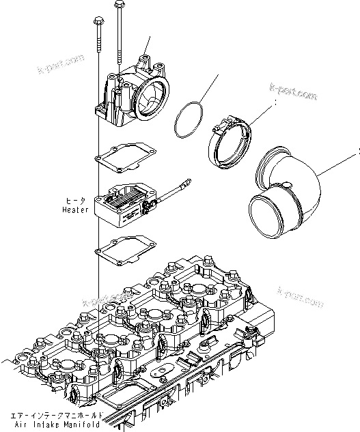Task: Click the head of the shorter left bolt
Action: (94, 22)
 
